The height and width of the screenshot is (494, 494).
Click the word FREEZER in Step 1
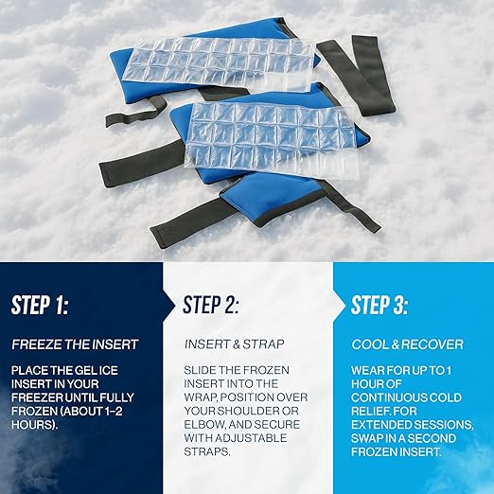tap(41, 398)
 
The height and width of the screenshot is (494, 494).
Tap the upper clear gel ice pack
tap(228, 60)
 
